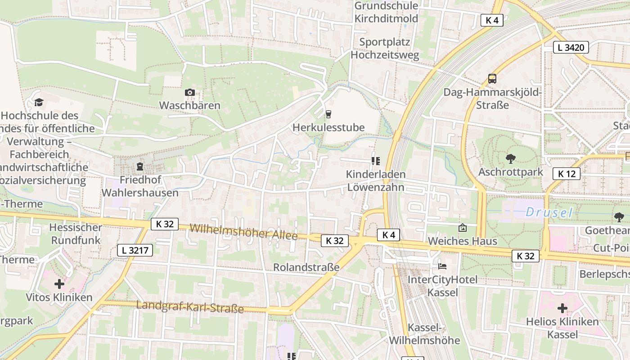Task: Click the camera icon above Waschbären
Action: pyautogui.click(x=190, y=93)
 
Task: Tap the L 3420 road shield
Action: pyautogui.click(x=571, y=47)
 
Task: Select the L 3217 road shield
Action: pyautogui.click(x=135, y=250)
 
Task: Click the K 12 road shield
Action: pyautogui.click(x=567, y=174)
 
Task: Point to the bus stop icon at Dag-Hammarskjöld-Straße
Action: pyautogui.click(x=492, y=79)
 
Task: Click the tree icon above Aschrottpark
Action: pyautogui.click(x=510, y=159)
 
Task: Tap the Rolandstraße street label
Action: pyautogui.click(x=306, y=267)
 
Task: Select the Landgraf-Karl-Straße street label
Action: pyautogui.click(x=190, y=307)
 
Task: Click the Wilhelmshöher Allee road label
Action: pyautogui.click(x=243, y=231)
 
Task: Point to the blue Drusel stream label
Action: pyautogui.click(x=549, y=212)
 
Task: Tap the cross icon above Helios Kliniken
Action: pyautogui.click(x=562, y=309)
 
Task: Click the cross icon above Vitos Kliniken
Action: pyautogui.click(x=59, y=284)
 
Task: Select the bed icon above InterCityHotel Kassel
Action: pyautogui.click(x=442, y=266)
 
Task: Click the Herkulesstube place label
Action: pyautogui.click(x=328, y=127)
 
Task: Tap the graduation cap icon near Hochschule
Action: pyautogui.click(x=39, y=103)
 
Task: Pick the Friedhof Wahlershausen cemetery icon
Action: pyautogui.click(x=140, y=167)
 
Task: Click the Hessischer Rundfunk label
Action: pyautogui.click(x=76, y=234)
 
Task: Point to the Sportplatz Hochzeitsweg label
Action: pyautogui.click(x=385, y=49)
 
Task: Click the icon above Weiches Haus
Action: pyautogui.click(x=462, y=228)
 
